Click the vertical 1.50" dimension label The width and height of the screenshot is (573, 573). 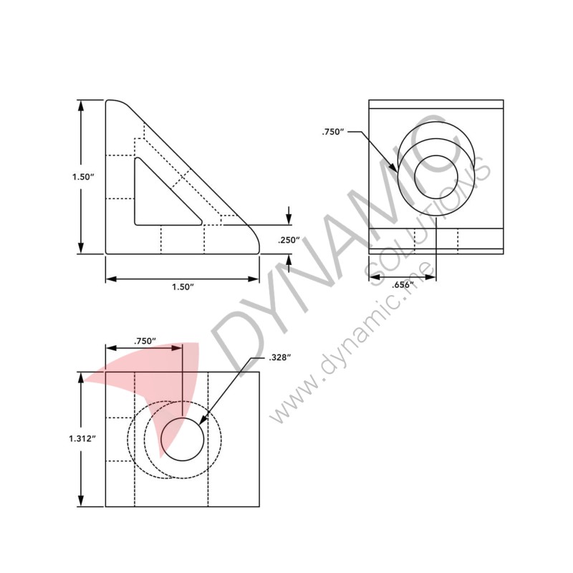pyautogui.click(x=83, y=177)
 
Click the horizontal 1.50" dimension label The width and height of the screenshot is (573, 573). pyautogui.click(x=183, y=287)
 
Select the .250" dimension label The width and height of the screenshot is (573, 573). pyautogui.click(x=289, y=240)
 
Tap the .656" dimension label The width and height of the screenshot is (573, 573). pyautogui.click(x=403, y=285)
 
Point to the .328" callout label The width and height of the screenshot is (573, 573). pyautogui.click(x=279, y=357)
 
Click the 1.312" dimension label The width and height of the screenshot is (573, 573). pyautogui.click(x=82, y=438)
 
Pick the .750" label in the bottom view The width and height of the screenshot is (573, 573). pyautogui.click(x=145, y=341)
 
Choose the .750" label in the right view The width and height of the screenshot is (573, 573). pyautogui.click(x=333, y=132)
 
